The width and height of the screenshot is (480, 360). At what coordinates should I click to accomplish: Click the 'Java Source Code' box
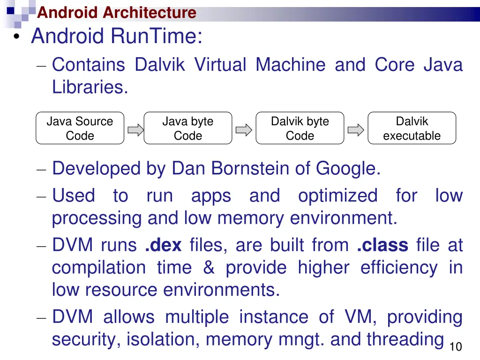coord(80,128)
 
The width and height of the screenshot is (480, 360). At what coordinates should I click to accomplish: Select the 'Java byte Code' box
coord(187,128)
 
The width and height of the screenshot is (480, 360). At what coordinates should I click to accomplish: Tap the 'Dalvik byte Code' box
coord(300,128)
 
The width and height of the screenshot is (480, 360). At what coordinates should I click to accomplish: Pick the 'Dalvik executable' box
coord(412,128)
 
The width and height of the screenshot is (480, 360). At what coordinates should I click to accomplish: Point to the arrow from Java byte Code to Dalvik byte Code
coord(244,130)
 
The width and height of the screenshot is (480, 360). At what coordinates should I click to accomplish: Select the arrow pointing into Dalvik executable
coord(356,130)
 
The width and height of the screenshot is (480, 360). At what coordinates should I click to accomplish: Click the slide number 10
coord(455,347)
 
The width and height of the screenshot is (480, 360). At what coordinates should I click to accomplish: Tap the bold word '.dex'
coord(163,245)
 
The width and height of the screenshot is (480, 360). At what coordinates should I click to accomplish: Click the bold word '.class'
coord(382,245)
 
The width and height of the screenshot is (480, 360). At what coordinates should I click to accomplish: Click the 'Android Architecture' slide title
coord(117,12)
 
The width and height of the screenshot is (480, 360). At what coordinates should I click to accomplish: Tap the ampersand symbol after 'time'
coord(209,268)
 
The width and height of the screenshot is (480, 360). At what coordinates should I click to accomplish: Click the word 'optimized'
coord(337,195)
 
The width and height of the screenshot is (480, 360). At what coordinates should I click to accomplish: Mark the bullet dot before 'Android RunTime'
coord(17,38)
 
